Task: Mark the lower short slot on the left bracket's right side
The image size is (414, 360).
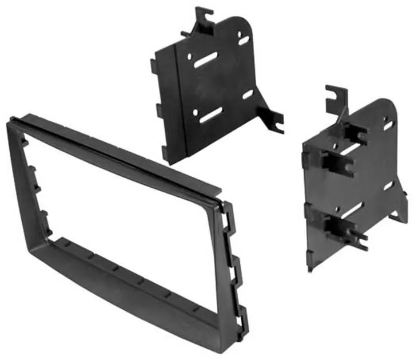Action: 247,94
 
